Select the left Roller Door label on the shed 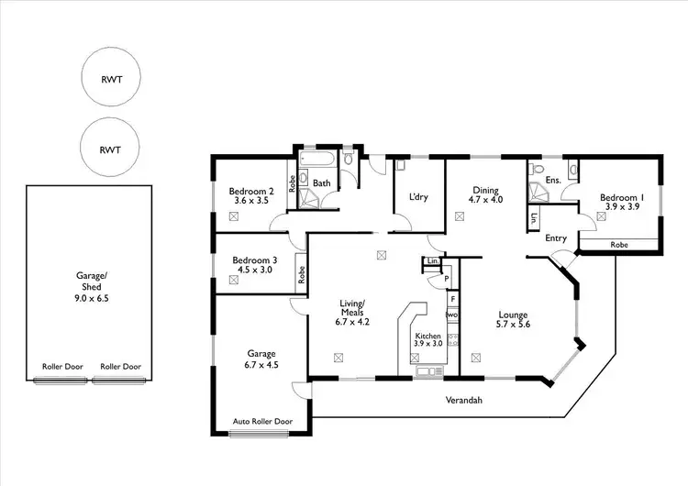(62, 367)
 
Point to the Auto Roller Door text (263, 422)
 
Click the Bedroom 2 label (250, 191)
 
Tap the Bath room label (322, 183)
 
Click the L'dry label (418, 197)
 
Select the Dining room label (485, 191)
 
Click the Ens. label (553, 181)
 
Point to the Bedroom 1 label (622, 197)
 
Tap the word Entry (556, 238)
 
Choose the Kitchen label (428, 337)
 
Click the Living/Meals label (353, 307)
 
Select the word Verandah (465, 401)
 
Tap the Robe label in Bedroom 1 (620, 245)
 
